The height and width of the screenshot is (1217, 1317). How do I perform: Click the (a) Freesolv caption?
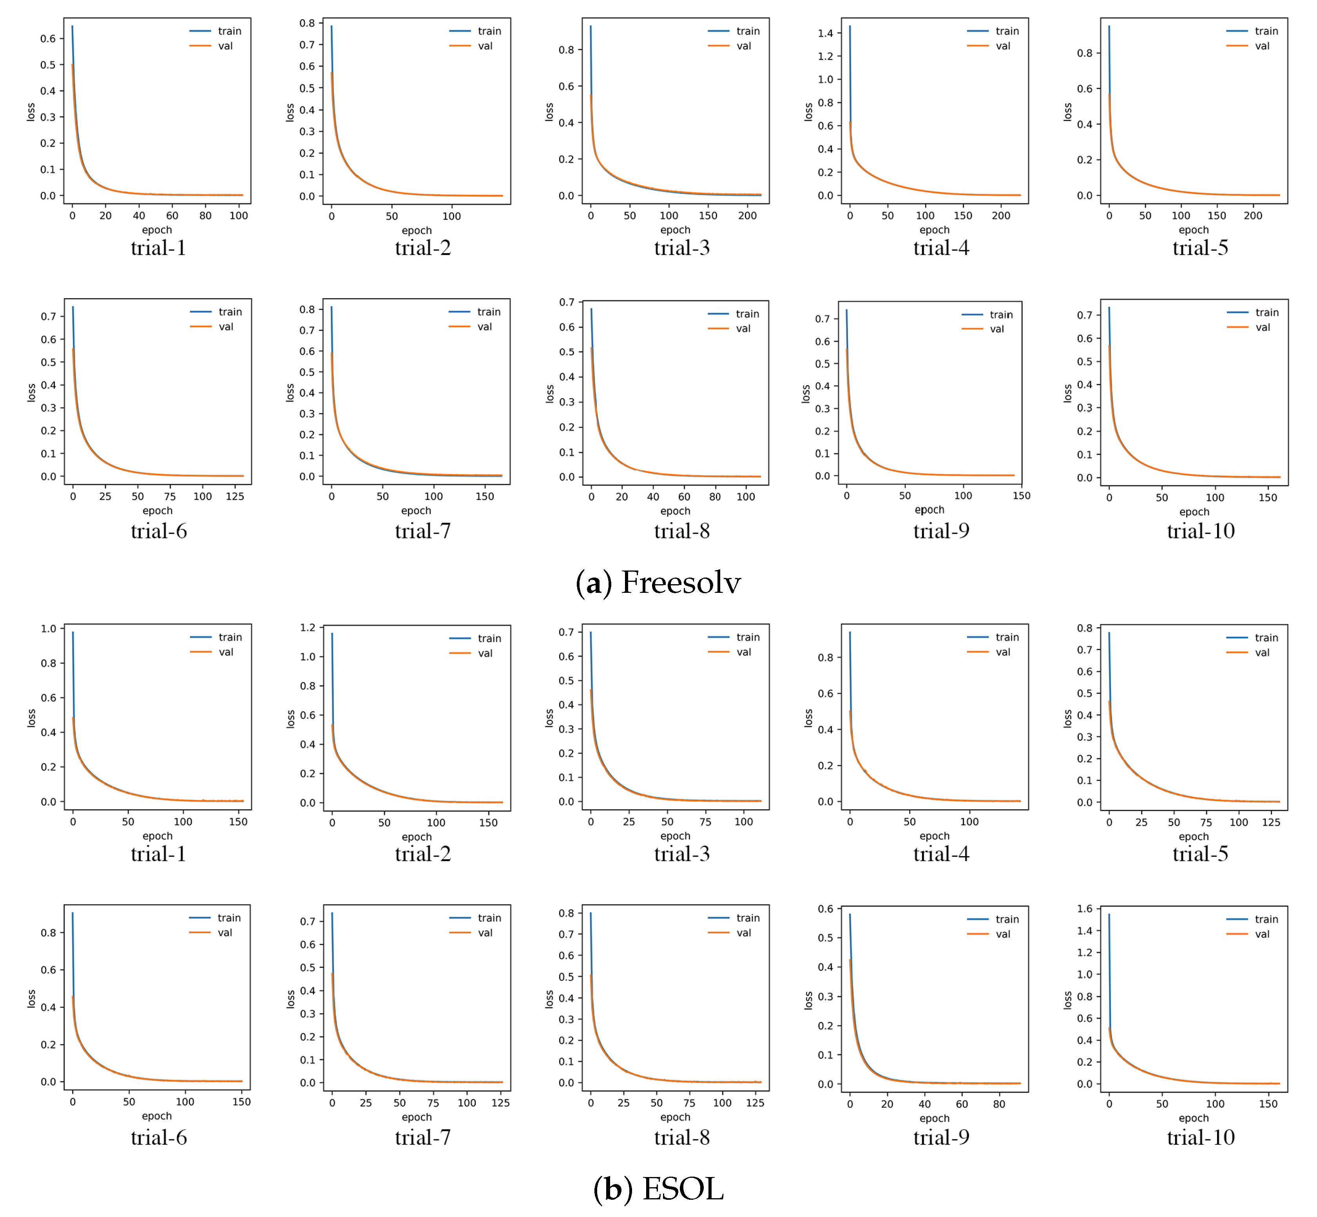click(x=658, y=583)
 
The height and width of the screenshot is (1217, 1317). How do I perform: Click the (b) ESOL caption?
click(x=658, y=1189)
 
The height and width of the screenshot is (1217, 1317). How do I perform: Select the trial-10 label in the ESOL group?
click(x=1201, y=1137)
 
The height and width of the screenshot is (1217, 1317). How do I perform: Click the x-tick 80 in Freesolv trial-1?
click(x=205, y=216)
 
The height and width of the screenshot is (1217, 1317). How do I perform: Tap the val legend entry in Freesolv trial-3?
click(x=743, y=46)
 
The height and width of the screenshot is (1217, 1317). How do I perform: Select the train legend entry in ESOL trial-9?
click(x=1007, y=919)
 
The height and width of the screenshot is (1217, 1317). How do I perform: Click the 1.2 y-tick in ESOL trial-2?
click(x=308, y=628)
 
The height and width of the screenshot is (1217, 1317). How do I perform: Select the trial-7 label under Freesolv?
click(x=423, y=531)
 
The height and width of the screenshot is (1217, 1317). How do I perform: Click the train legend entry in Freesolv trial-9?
click(x=1001, y=315)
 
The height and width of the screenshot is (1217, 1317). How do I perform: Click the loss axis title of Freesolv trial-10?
click(x=1067, y=394)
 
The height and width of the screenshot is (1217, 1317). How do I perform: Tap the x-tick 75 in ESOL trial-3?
click(x=705, y=822)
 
